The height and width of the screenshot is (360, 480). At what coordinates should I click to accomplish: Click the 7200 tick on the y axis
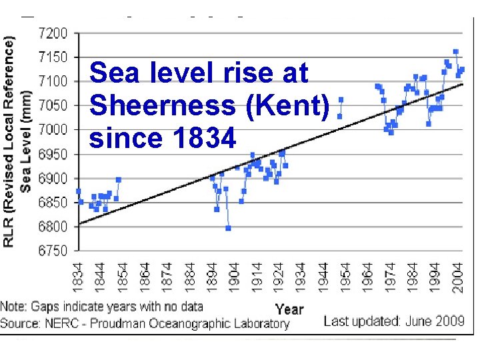tap(54, 33)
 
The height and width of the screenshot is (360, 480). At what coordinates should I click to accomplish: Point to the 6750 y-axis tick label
tap(54, 251)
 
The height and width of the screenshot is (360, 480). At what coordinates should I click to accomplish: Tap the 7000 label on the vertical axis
tap(54, 129)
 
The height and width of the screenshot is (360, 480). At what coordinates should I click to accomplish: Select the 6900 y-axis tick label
tap(54, 179)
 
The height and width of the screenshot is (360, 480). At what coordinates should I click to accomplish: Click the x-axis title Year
tap(289, 309)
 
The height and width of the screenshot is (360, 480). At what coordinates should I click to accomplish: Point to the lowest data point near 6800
tap(228, 228)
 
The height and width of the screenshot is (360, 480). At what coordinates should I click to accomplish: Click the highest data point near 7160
tap(456, 51)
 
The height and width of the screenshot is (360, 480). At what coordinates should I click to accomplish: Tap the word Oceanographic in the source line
tap(195, 323)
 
